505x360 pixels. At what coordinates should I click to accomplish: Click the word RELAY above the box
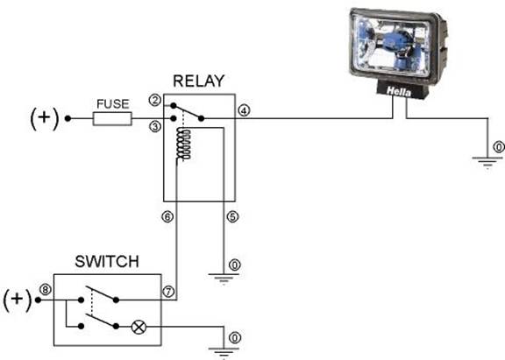[x=198, y=81]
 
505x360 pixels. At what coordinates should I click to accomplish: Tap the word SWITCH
[x=107, y=262]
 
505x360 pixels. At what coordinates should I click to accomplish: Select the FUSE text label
[x=113, y=104]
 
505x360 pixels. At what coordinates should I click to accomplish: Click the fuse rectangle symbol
[x=112, y=119]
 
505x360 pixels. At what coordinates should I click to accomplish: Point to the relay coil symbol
[x=183, y=145]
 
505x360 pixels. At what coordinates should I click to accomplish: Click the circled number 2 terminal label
[x=154, y=101]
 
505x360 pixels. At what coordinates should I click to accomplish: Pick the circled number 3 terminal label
[x=155, y=127]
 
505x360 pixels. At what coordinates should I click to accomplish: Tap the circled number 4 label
[x=244, y=111]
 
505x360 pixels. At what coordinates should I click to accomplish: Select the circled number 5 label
[x=232, y=217]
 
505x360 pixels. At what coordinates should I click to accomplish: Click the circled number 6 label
[x=167, y=217]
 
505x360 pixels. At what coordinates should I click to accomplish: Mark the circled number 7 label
[x=168, y=292]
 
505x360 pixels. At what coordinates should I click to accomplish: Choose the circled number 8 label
[x=46, y=290]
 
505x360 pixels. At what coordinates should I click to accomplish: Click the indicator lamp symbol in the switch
[x=139, y=328]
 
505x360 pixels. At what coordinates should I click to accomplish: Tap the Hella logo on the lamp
[x=399, y=92]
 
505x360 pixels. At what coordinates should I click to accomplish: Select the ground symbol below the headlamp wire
[x=487, y=162]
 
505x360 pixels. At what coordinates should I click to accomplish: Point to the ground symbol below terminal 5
[x=224, y=279]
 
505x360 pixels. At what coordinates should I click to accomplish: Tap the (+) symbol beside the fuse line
[x=45, y=119]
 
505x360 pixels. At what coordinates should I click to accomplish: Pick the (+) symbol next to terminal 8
[x=18, y=300]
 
